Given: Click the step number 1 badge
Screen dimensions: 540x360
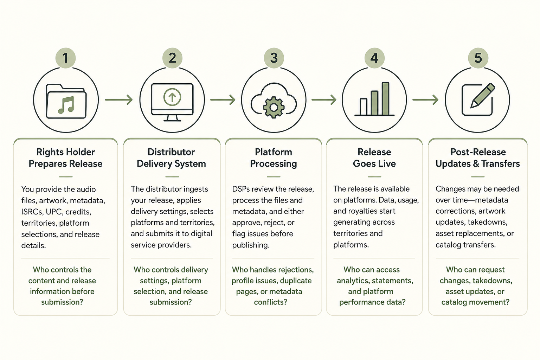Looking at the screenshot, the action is [x=66, y=58].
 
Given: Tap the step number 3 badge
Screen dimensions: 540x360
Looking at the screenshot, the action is [x=274, y=58].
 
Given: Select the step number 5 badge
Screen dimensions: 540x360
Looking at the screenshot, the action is [x=478, y=58].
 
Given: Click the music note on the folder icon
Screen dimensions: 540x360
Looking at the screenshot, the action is [x=66, y=105].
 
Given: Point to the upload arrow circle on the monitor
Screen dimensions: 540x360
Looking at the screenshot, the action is [x=172, y=97].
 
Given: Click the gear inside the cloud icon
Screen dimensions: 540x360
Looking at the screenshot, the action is [x=274, y=107].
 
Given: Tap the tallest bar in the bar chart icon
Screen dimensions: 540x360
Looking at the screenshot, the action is [x=385, y=99].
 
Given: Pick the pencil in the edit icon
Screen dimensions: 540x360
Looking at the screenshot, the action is [x=483, y=96].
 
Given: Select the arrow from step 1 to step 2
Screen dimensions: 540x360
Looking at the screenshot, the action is [x=119, y=99].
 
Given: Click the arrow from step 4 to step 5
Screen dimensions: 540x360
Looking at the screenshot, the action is [x=425, y=99].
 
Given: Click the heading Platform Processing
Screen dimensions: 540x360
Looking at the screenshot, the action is [x=274, y=158].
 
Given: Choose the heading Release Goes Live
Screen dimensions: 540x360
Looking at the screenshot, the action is [x=374, y=158].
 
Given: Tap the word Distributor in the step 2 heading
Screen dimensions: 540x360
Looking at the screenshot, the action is [x=171, y=152].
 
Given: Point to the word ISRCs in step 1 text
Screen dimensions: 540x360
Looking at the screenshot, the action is [x=32, y=212].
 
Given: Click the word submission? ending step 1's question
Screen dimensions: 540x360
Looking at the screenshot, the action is [x=62, y=302].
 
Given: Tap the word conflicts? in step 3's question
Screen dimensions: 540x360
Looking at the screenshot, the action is [x=271, y=302].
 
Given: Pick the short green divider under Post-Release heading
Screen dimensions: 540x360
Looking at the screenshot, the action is [x=478, y=177].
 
